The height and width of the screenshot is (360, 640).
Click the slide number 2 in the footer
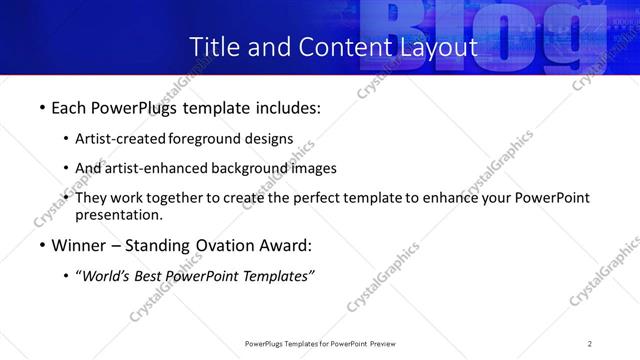point(590,343)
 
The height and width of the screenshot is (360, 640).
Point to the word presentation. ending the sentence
point(118,215)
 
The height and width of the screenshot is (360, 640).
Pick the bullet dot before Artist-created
point(66,139)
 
